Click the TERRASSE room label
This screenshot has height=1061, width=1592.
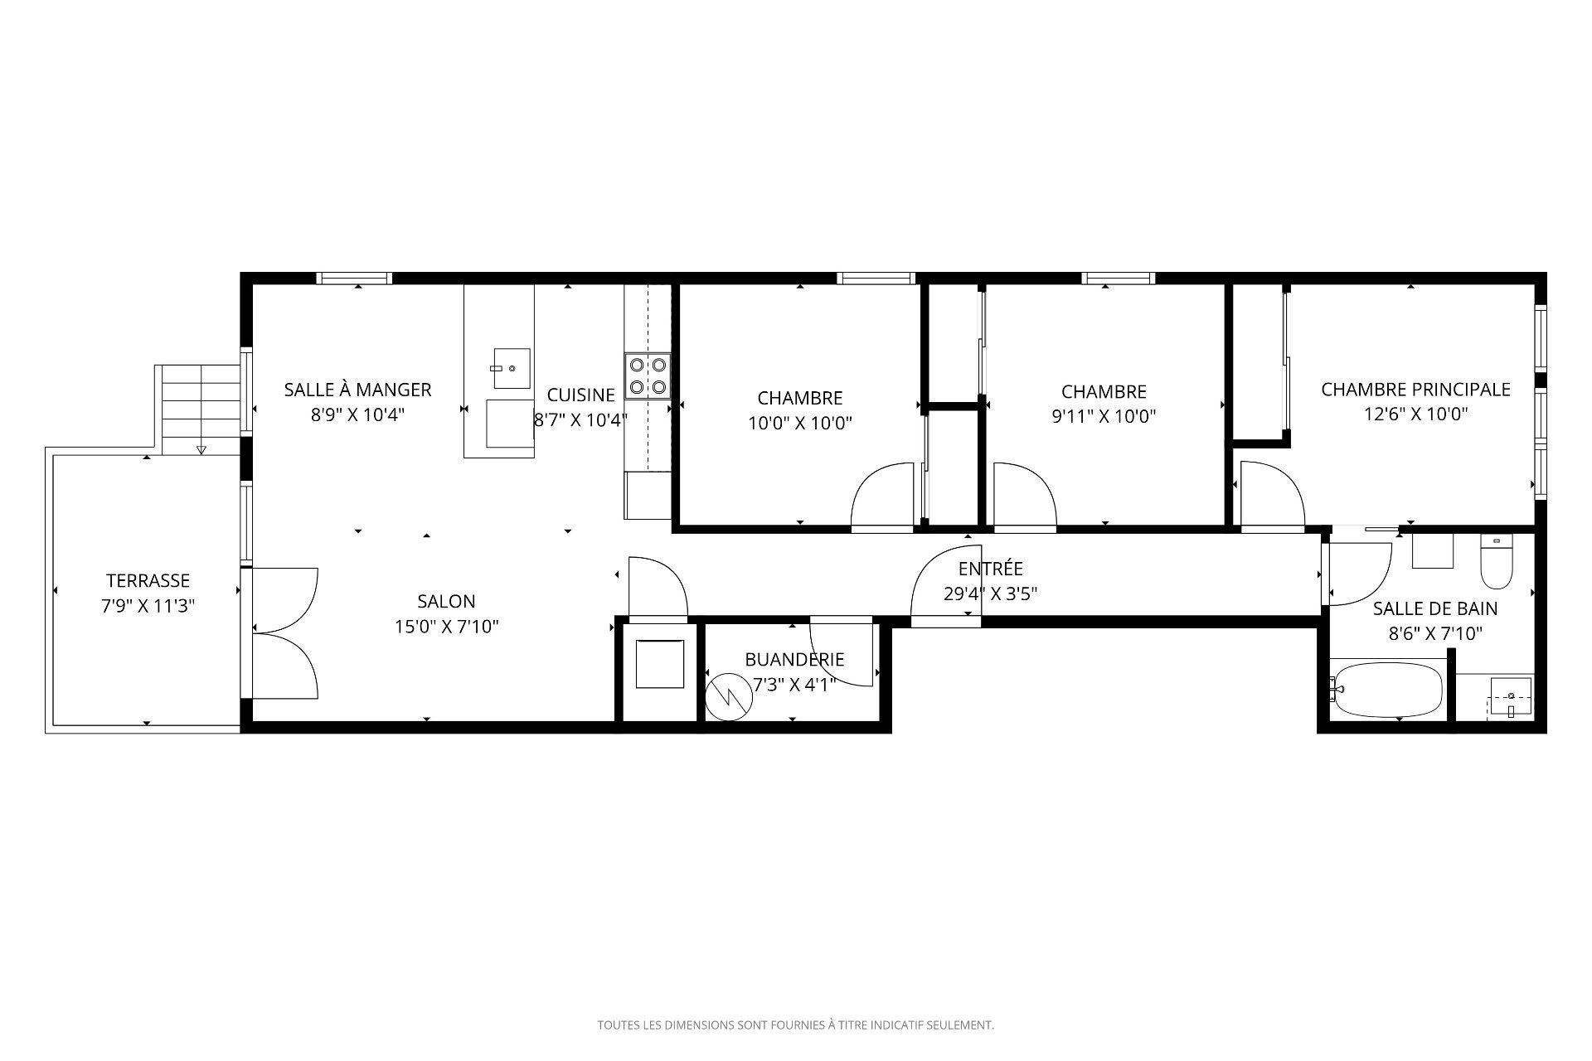coord(148,581)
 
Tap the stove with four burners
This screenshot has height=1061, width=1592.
coord(648,375)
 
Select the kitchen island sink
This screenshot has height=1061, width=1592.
coord(512,368)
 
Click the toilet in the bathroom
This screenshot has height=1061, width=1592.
coord(1497,562)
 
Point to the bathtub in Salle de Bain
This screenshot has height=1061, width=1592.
coord(1386,689)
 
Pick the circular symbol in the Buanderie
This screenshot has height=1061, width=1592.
coord(729,695)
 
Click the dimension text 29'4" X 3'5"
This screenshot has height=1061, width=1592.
coord(991,593)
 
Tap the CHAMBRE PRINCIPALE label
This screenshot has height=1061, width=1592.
coord(1415,389)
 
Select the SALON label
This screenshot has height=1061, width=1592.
coord(446,602)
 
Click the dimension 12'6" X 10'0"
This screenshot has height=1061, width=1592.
coord(1416,414)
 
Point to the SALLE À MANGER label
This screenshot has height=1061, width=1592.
coord(357,389)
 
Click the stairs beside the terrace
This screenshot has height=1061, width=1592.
coord(200,409)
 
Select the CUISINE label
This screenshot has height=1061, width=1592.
coord(580,395)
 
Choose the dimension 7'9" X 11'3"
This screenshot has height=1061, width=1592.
coord(148,606)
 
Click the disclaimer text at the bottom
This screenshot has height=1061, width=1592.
coord(796,1025)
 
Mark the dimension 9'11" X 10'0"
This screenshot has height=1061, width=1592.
coord(1104,416)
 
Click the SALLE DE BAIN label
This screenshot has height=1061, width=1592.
coord(1435,608)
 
